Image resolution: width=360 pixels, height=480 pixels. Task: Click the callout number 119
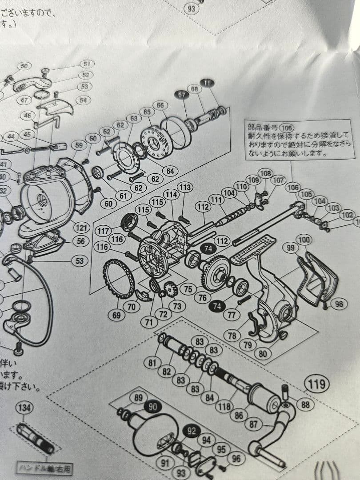[317, 384]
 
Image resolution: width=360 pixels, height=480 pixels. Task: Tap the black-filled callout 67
[181, 95]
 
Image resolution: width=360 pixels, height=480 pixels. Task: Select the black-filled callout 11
[207, 83]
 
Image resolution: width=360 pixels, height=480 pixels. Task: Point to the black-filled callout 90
[152, 407]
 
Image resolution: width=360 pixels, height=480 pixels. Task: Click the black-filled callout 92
[192, 431]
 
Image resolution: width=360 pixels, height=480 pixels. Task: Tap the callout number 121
[81, 228]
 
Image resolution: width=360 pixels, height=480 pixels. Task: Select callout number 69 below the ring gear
[117, 315]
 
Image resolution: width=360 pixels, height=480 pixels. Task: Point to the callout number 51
[87, 64]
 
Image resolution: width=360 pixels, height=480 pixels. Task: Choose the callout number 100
[304, 240]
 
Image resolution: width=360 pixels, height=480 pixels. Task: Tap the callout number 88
[305, 404]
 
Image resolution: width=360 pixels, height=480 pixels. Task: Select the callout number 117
[103, 231]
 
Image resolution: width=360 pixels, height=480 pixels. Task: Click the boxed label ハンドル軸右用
[44, 468]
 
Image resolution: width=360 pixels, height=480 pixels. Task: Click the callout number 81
[153, 363]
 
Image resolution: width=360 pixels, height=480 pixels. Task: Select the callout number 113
[185, 187]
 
